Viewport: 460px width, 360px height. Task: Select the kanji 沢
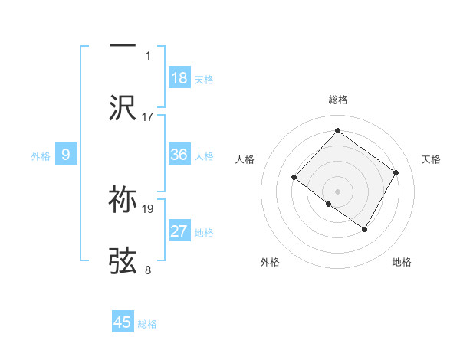point(123,108)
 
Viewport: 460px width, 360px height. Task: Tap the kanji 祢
point(123,200)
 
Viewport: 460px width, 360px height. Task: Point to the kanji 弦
point(123,261)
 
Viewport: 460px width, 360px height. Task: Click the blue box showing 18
point(179,78)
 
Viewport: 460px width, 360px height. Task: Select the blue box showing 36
point(179,155)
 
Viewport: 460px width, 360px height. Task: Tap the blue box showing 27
point(179,231)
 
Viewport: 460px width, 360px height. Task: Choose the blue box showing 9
point(66,155)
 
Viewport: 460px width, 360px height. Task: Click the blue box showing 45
point(123,322)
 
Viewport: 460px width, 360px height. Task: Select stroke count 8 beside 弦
point(148,270)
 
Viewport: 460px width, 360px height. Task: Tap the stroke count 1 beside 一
point(148,55)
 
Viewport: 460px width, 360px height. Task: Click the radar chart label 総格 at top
point(337,100)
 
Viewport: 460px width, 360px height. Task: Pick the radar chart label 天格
point(432,159)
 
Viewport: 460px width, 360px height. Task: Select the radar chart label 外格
point(270,262)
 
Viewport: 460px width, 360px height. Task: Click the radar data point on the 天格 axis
point(396,172)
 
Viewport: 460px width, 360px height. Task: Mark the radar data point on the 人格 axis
point(294,178)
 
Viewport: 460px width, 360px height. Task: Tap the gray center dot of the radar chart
point(337,191)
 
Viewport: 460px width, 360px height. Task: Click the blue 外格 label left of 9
point(41,155)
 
